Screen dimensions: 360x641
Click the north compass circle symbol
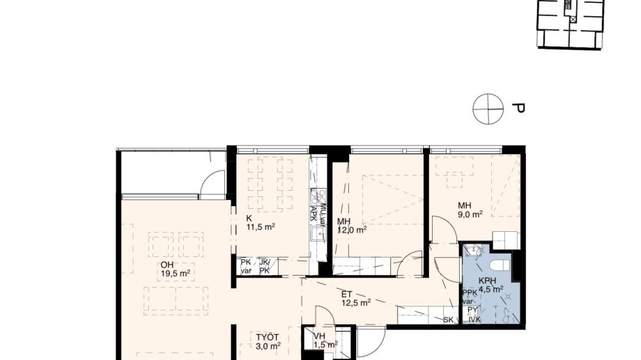(488, 109)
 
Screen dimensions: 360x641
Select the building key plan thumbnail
(570, 24)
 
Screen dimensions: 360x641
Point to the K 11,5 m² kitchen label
(260, 222)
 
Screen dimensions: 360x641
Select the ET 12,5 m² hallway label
(355, 298)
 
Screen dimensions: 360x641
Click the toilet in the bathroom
(499, 264)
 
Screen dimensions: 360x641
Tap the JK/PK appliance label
(265, 267)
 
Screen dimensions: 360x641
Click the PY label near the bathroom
(472, 310)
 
